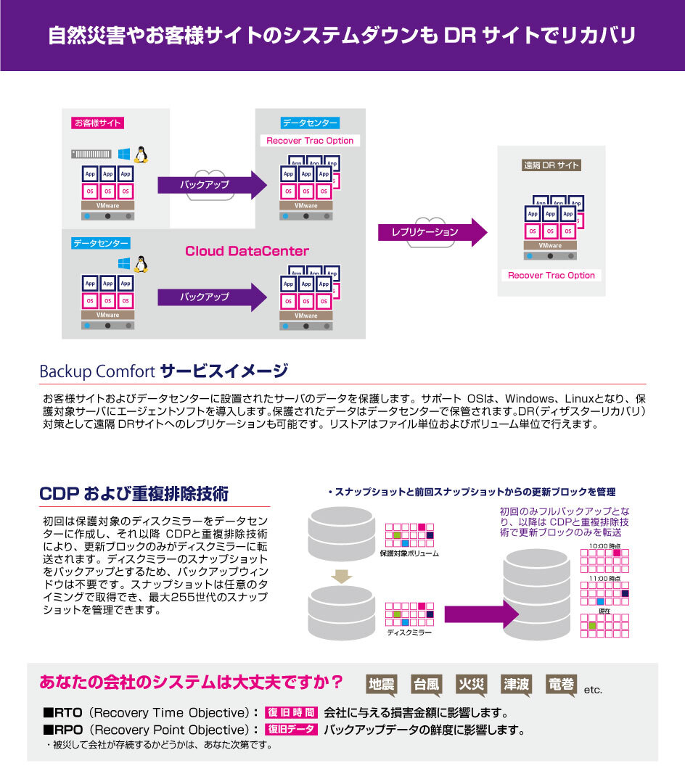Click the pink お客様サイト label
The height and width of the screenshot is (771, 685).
click(97, 123)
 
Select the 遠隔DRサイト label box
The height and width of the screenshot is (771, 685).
click(551, 165)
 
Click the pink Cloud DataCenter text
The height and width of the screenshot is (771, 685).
click(247, 252)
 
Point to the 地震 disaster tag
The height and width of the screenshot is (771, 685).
click(382, 683)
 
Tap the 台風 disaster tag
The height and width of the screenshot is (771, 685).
click(426, 683)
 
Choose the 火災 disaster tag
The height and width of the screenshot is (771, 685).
click(470, 683)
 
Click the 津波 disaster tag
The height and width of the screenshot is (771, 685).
click(515, 683)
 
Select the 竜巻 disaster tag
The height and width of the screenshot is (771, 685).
click(562, 683)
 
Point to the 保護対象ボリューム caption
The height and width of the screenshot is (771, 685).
click(409, 554)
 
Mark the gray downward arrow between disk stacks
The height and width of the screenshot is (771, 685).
click(340, 577)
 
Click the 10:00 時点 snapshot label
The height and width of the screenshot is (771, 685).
click(604, 545)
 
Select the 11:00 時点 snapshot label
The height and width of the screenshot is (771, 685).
click(604, 579)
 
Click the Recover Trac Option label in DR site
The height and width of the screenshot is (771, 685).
click(551, 276)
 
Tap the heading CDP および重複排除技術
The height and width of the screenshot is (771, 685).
click(134, 495)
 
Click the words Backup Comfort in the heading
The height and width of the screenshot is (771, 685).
click(97, 373)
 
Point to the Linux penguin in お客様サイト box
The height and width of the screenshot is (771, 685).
click(141, 154)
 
